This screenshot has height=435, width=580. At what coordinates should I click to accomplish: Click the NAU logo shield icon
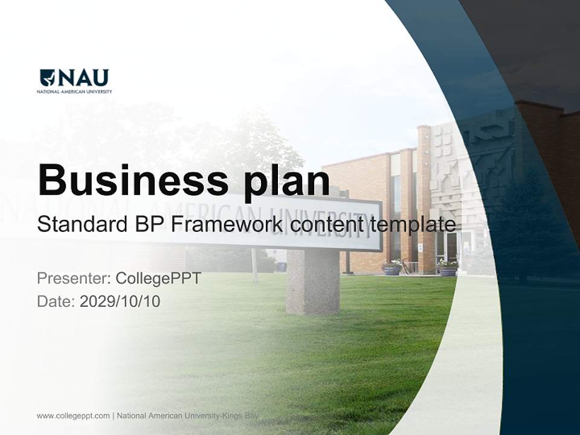[47, 77]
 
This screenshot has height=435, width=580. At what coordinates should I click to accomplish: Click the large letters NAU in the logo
[83, 77]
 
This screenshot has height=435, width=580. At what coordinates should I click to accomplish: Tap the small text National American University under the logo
[74, 92]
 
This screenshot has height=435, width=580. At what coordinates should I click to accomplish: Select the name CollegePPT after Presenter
[158, 279]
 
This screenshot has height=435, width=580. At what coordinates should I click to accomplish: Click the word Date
[55, 301]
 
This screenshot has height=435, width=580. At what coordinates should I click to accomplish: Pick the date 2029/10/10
[120, 301]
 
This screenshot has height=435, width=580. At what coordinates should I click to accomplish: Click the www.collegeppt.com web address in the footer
[73, 416]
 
